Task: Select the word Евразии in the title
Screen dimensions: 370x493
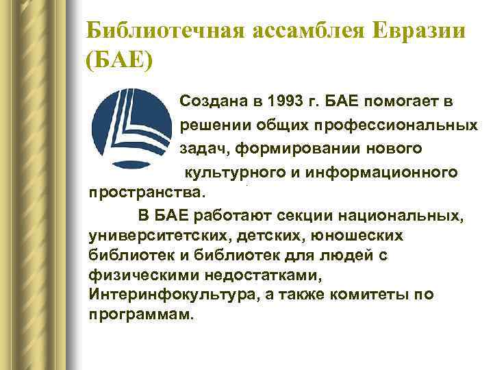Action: [x=407, y=30]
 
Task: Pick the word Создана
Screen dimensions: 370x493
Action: [x=212, y=103]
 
